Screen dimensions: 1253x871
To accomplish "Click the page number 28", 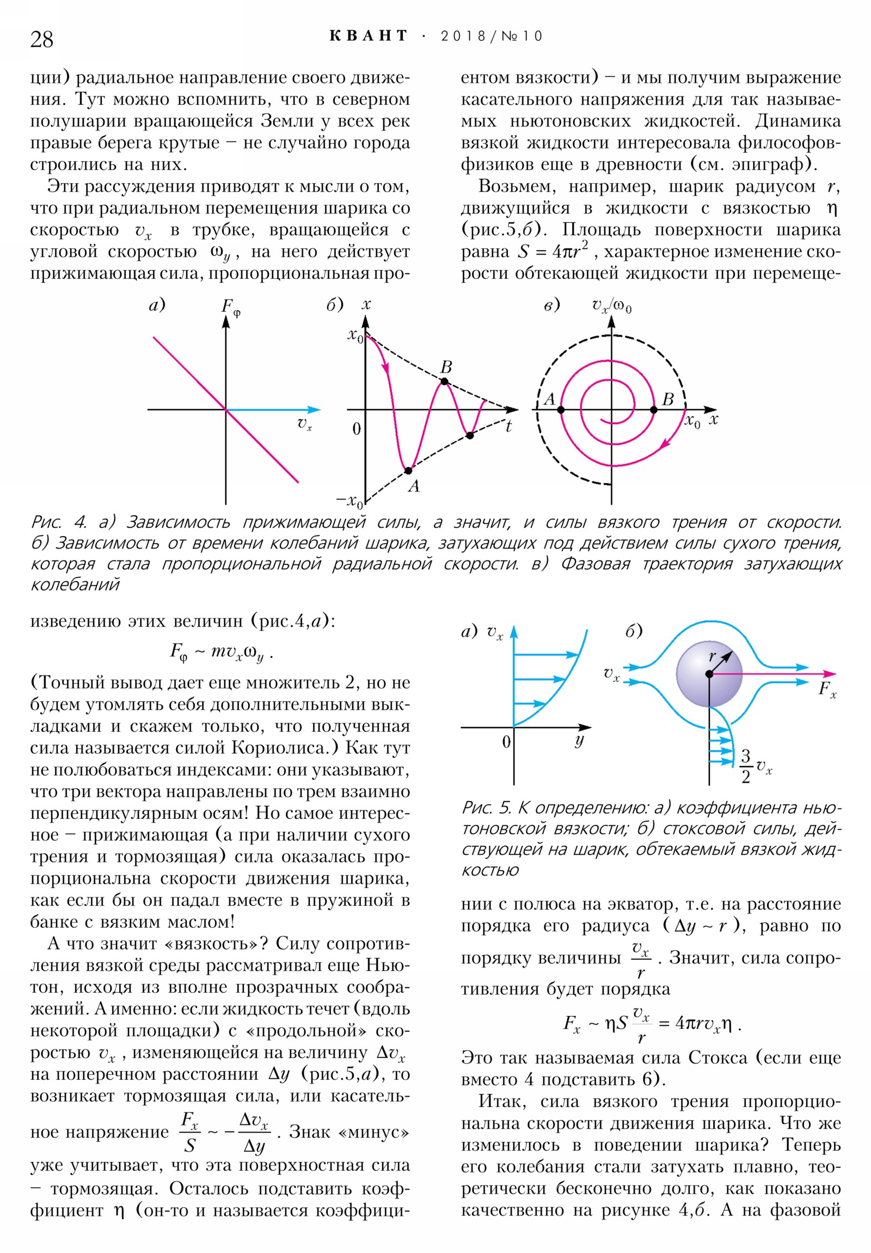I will tap(42, 40).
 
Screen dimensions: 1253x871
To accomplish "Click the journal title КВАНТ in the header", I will tap(369, 36).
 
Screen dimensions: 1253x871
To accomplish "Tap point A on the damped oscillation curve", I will tap(408, 470).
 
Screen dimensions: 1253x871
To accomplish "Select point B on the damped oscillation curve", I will tap(445, 381).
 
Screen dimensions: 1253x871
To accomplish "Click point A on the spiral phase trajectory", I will tap(561, 409).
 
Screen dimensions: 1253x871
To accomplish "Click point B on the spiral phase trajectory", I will tap(654, 409).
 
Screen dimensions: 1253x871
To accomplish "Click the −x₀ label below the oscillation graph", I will tap(349, 500).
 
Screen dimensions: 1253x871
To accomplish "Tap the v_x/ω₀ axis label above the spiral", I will tap(611, 306).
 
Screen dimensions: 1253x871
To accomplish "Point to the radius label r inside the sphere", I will tap(711, 657).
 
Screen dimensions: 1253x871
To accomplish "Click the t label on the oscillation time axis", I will tap(508, 426).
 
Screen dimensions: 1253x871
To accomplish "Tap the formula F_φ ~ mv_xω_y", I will tap(222, 652).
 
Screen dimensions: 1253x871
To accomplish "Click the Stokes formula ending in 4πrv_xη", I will tap(652, 1024).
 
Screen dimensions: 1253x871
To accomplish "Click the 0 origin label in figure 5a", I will tap(506, 741).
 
